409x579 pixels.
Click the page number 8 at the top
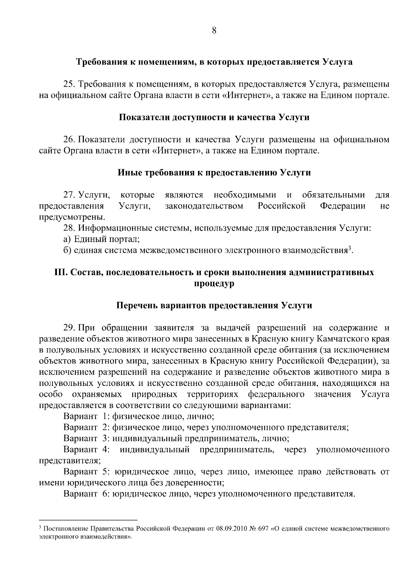pos(214,30)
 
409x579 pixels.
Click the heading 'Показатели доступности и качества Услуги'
pos(214,118)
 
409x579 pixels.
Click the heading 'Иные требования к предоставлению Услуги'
pos(214,173)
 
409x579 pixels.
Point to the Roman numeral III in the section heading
pos(60,273)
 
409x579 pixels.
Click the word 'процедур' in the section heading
pos(214,284)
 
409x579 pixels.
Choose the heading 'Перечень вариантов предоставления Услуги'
pos(214,305)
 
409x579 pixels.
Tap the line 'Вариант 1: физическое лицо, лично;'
pos(139,417)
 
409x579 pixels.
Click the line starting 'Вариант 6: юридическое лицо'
pos(209,494)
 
